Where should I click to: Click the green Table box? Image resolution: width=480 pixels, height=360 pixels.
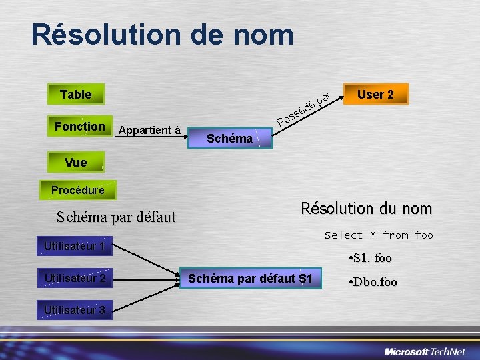[x=75, y=94]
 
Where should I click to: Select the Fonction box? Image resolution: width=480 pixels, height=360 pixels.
[x=80, y=126]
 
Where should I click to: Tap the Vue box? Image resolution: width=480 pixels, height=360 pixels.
[x=75, y=162]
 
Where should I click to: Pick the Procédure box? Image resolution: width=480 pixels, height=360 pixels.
[x=77, y=190]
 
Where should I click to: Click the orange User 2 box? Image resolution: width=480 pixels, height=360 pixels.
[x=375, y=94]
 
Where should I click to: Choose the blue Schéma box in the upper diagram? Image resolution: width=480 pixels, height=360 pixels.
[x=230, y=138]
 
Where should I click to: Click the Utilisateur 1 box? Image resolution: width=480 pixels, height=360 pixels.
[x=74, y=247]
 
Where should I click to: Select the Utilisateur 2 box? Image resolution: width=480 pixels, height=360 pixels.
[x=74, y=278]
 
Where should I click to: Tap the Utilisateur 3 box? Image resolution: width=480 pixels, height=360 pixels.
[x=74, y=309]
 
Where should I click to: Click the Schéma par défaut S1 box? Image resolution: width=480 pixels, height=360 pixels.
[x=250, y=278]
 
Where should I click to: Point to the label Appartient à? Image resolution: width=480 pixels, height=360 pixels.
[x=149, y=130]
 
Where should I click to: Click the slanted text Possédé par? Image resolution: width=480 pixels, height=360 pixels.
[x=304, y=109]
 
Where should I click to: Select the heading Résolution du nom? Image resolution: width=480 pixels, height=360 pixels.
[x=366, y=209]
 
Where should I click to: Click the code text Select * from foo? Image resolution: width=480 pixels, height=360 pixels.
[x=379, y=235]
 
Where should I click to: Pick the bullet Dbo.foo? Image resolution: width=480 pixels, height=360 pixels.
[x=373, y=282]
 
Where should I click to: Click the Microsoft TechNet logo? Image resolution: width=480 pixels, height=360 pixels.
[x=427, y=351]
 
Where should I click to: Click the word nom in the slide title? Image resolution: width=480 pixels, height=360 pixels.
[x=262, y=35]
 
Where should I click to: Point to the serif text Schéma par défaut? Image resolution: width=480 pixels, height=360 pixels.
[x=116, y=217]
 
